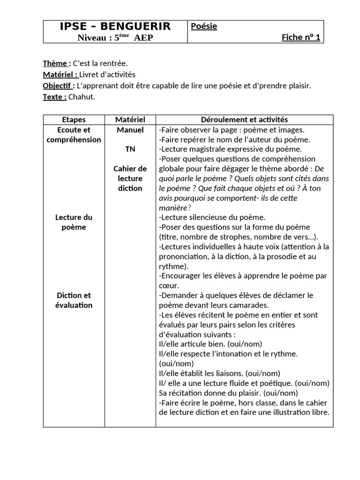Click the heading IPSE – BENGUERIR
point(115,27)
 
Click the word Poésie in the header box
point(204,27)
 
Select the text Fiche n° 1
point(301,37)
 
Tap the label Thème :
point(57,63)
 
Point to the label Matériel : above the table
point(60,75)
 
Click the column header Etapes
point(74,120)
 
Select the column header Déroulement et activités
point(244,120)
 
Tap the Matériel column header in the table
point(130,120)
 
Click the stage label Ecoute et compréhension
point(74,135)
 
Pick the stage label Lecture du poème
point(74,222)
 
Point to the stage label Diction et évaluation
point(74,300)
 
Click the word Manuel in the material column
point(130,130)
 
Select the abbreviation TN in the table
point(130,149)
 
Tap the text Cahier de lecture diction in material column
point(130,179)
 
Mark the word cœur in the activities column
point(169,285)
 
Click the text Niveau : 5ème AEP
point(115,38)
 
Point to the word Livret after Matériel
point(89,75)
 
